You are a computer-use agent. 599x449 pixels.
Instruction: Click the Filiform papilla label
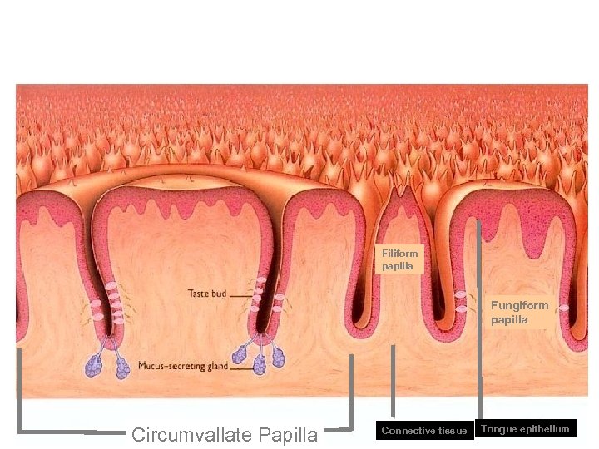point(401,259)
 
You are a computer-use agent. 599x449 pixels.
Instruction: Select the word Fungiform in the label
point(519,305)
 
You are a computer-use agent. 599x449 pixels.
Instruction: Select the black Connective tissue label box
point(423,430)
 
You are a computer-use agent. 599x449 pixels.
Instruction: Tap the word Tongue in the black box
point(498,429)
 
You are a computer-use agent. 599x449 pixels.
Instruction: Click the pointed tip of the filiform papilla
point(403,189)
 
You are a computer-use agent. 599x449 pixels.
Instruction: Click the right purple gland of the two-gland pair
point(121,367)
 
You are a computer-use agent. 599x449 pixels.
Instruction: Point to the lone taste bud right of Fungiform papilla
point(563,308)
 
